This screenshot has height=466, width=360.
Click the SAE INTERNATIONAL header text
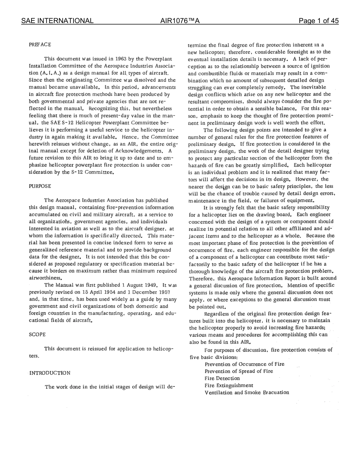tap(57, 21)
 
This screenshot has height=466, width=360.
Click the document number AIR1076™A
tap(180, 21)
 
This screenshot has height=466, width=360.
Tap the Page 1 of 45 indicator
tap(318, 21)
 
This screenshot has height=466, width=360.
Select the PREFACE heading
tap(40, 45)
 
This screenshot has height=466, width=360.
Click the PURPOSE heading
tap(40, 186)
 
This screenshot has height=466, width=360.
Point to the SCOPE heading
tap(37, 335)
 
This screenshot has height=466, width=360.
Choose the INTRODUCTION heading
tap(50, 373)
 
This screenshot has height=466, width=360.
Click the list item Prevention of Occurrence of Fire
tap(244, 364)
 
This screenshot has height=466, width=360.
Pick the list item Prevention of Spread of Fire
tap(239, 371)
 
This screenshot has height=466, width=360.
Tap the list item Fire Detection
tap(222, 378)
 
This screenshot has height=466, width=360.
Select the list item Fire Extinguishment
tap(229, 385)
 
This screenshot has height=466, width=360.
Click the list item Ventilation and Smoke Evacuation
tap(247, 392)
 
